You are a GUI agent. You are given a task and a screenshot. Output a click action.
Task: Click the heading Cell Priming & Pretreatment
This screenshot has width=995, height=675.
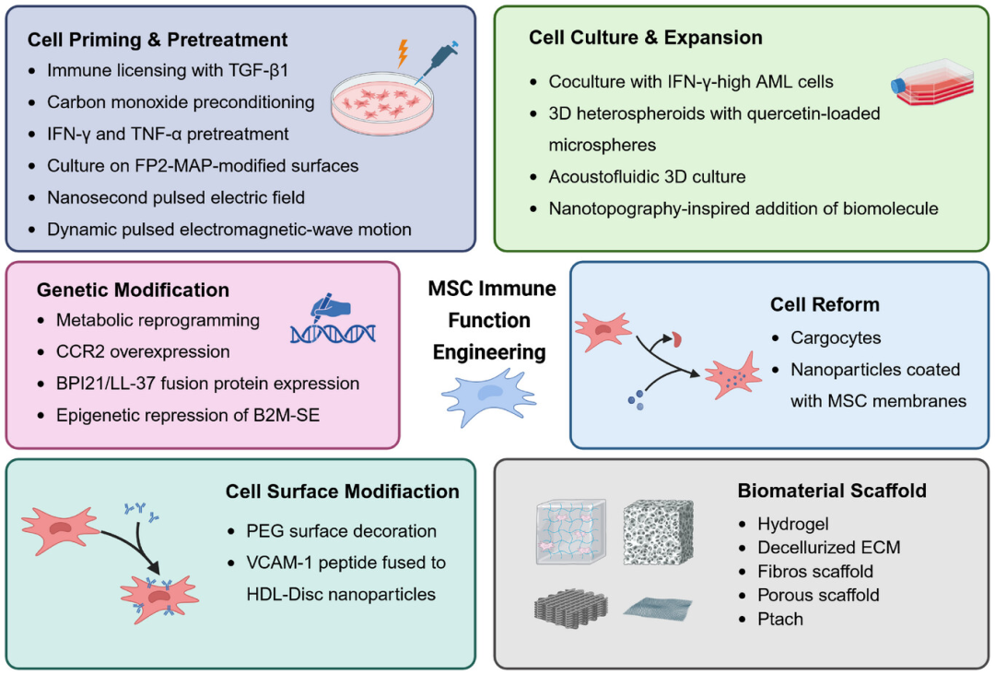(158, 40)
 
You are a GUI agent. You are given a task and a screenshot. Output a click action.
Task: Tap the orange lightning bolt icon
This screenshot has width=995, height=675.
(403, 53)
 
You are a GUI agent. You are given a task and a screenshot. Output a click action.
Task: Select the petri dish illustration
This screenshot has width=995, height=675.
(382, 103)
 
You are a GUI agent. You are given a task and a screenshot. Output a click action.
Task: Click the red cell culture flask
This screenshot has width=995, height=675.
(932, 83)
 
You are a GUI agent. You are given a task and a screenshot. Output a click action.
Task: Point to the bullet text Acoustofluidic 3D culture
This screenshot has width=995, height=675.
(648, 176)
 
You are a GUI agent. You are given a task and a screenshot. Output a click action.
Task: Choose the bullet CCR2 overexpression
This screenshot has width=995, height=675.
(143, 351)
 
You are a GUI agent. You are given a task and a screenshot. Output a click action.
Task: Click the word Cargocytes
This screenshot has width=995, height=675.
(836, 337)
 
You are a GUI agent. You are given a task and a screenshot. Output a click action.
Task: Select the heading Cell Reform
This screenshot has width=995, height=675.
(825, 305)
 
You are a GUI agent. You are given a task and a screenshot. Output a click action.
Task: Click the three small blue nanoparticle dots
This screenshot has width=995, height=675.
(636, 400)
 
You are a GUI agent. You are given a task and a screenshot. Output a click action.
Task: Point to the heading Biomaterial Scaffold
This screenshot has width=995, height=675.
(832, 491)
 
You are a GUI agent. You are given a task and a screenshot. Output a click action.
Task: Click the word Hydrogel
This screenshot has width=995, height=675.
(793, 524)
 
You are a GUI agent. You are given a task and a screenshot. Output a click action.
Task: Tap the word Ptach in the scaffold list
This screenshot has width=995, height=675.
(780, 619)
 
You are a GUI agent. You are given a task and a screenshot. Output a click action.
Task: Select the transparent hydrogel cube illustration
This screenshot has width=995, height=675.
(570, 532)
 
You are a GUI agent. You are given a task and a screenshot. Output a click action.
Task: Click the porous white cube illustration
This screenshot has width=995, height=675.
(658, 532)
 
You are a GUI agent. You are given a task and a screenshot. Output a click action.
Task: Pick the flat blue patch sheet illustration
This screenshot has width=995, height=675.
(658, 607)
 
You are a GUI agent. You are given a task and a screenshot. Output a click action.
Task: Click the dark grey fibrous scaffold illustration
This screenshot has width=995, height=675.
(570, 607)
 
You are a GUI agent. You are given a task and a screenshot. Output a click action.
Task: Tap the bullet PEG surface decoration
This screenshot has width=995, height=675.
(342, 531)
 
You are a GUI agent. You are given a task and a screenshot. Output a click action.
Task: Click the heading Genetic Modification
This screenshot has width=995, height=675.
(133, 290)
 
